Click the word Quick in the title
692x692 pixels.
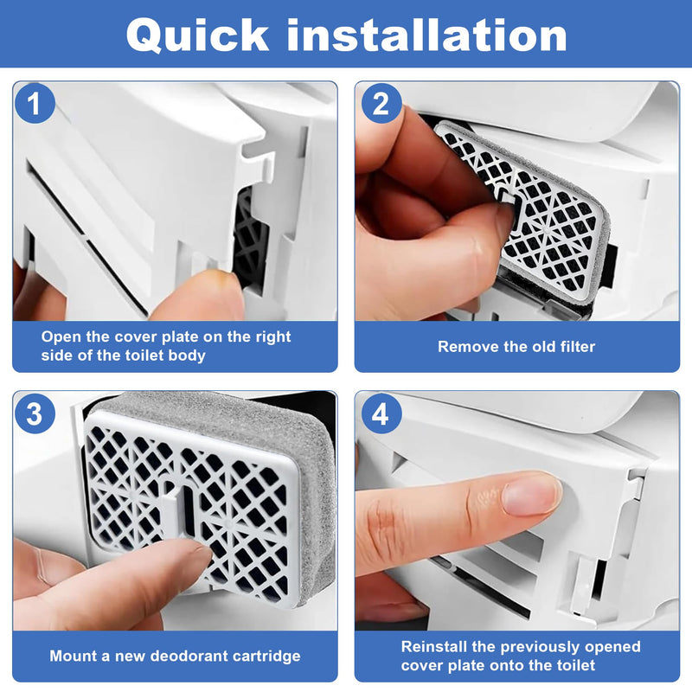pos(197,36)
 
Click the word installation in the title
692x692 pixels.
pos(426,35)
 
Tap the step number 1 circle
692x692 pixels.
pos(35,104)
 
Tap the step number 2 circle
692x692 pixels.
pos(381,104)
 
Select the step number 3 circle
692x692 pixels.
pos(35,413)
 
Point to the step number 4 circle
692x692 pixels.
pos(381,413)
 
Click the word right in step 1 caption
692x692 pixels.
pos(272,338)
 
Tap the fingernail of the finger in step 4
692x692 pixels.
pos(532,494)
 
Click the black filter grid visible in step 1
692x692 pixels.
pos(249,239)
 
